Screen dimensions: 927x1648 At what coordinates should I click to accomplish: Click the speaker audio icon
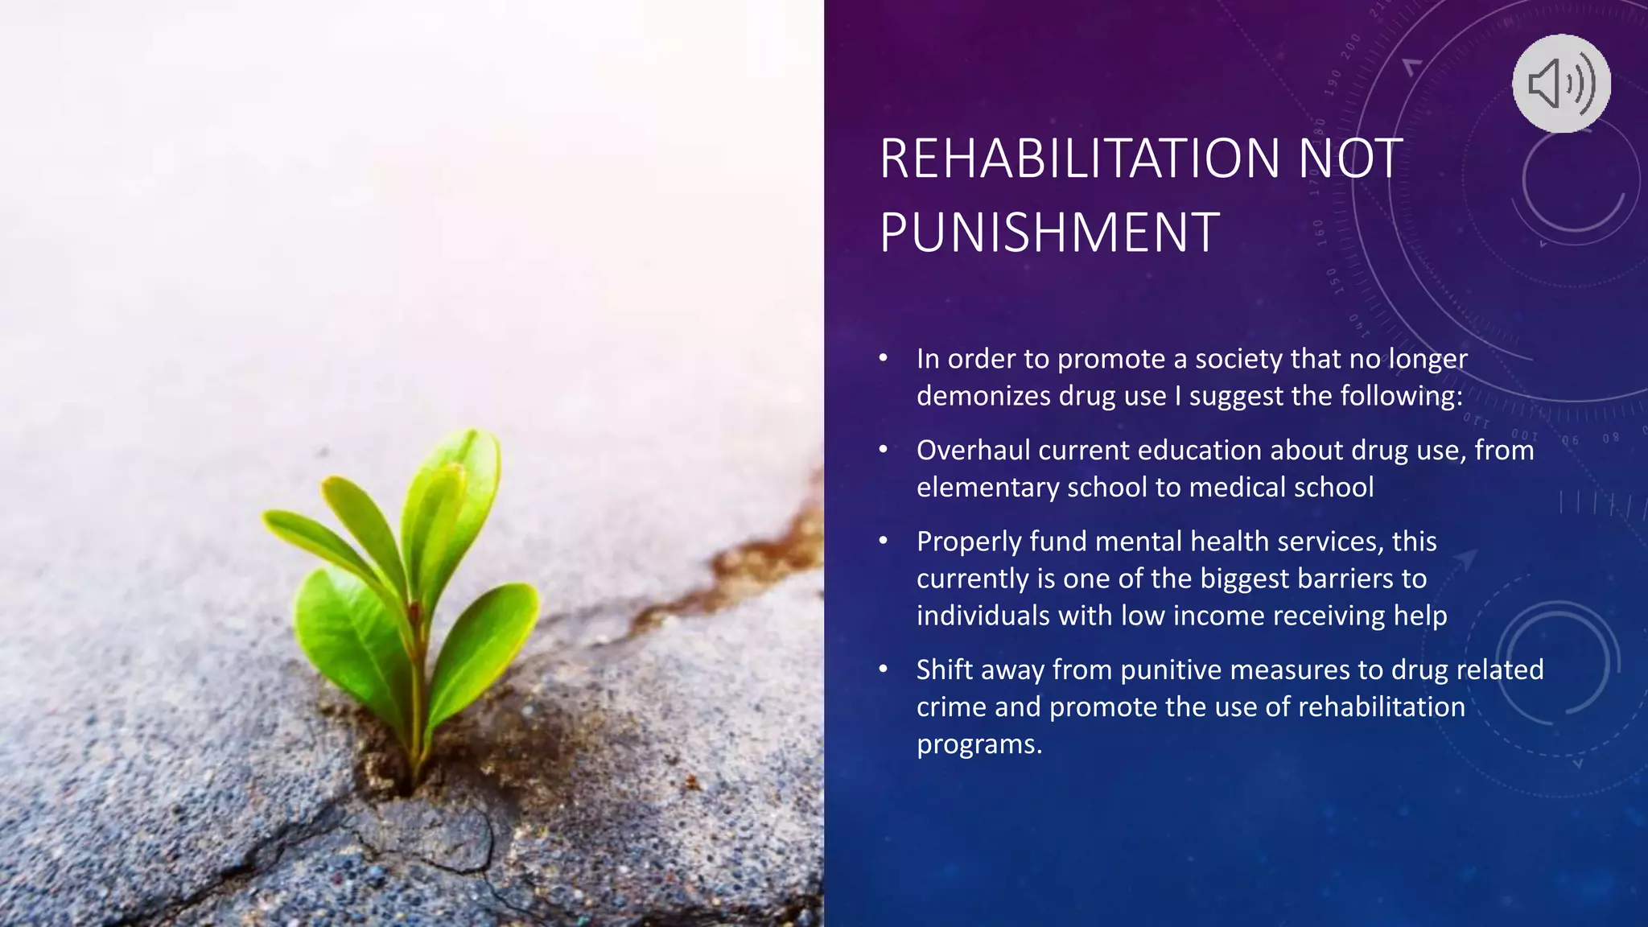pos(1561,83)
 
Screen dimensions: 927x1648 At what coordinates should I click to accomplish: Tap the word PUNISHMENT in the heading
pos(1049,233)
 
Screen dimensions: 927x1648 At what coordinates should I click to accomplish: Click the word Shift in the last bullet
pos(944,669)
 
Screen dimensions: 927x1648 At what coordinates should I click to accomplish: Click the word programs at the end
pos(978,744)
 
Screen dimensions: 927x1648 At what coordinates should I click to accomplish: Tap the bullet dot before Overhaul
pos(884,449)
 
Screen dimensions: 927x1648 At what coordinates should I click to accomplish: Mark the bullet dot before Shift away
pos(884,669)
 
